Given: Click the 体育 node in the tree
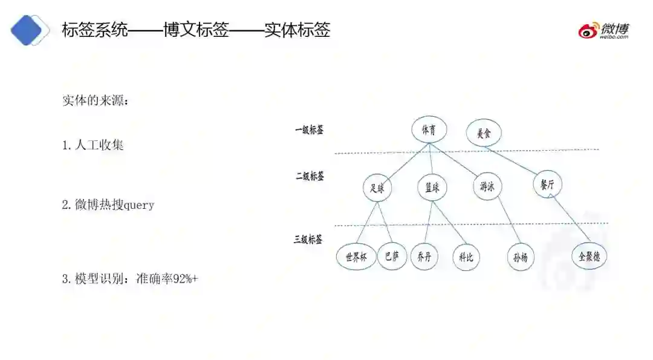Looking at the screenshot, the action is click(x=429, y=130).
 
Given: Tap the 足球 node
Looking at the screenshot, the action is click(x=377, y=188).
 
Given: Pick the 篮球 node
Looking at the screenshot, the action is click(x=432, y=188).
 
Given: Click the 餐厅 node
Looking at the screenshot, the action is click(x=547, y=184).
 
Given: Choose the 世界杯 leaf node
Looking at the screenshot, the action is click(x=356, y=257).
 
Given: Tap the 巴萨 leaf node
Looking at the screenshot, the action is click(x=392, y=256).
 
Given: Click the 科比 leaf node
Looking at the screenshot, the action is click(x=466, y=257).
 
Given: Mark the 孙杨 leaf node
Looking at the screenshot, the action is click(x=520, y=257).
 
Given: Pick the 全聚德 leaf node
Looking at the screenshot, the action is click(x=589, y=255).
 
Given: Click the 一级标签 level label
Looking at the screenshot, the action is click(x=309, y=129).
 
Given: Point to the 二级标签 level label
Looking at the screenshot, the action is click(x=310, y=176).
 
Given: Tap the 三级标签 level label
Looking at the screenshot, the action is click(x=308, y=239).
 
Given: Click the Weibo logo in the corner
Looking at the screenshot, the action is click(x=603, y=30).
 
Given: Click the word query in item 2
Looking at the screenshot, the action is click(x=139, y=205).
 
